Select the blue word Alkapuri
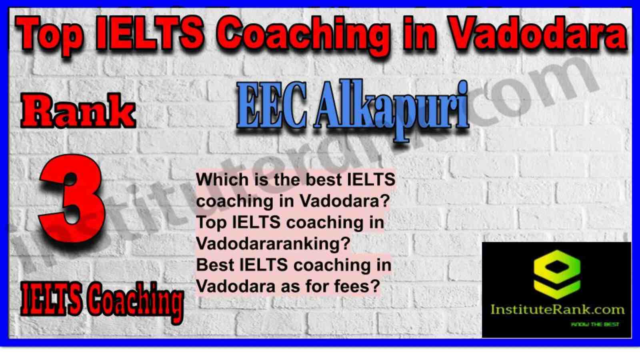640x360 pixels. (x=391, y=110)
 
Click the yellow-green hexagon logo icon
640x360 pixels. (x=557, y=274)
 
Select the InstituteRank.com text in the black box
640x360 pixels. (x=557, y=310)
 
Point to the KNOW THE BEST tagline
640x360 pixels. (x=595, y=324)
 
